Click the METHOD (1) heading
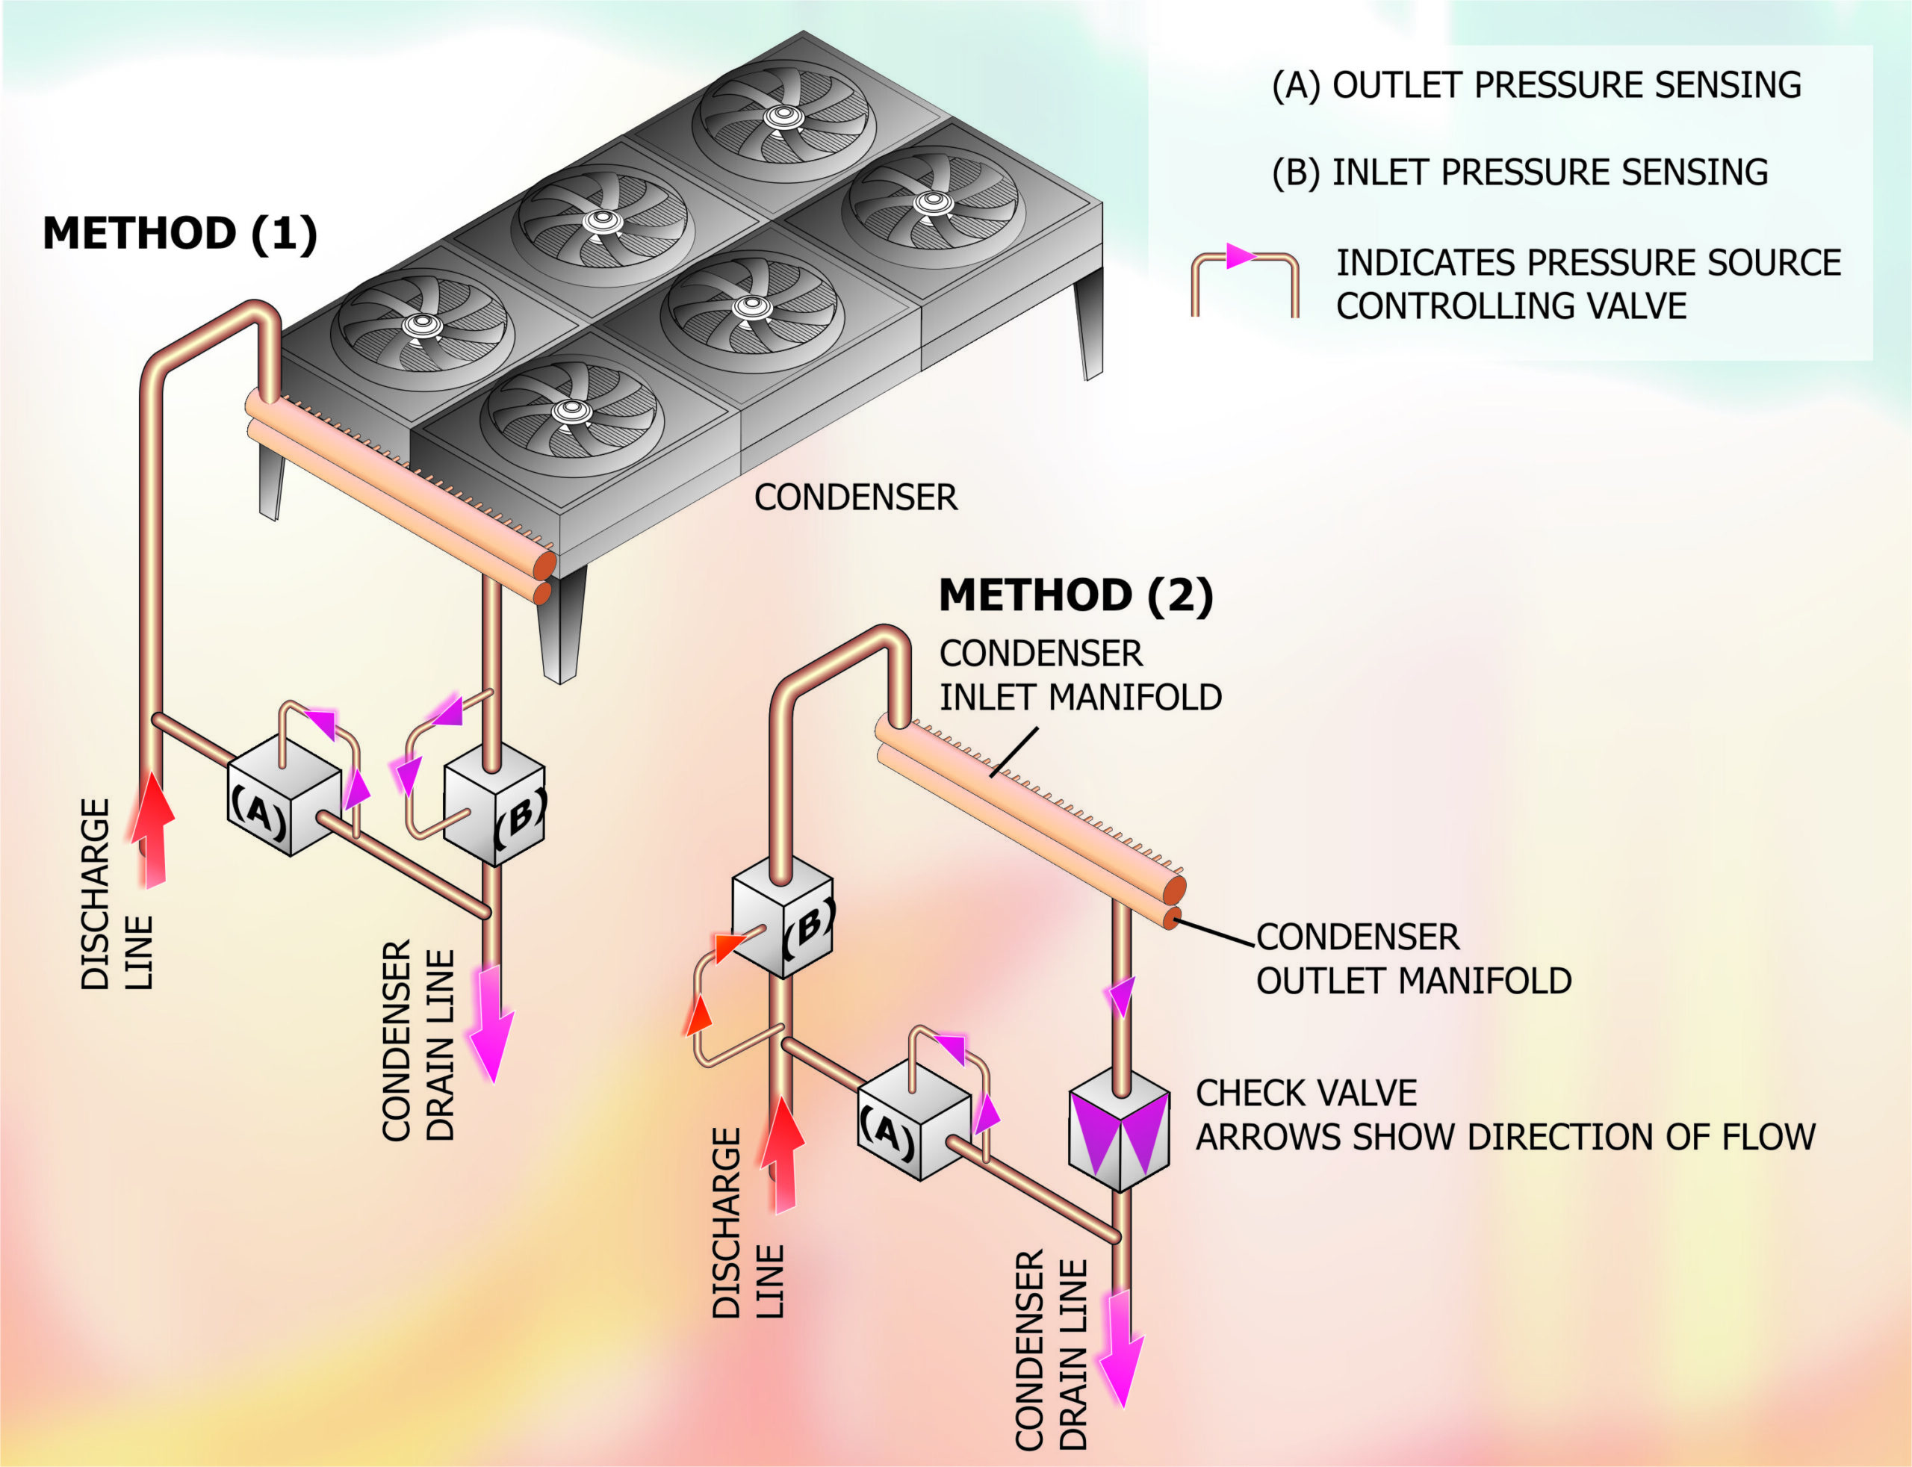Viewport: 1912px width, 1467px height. (x=179, y=234)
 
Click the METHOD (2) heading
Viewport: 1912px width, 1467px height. (x=1075, y=595)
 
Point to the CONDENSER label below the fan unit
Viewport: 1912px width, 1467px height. (x=856, y=497)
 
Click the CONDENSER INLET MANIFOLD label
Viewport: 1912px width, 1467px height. (x=1079, y=676)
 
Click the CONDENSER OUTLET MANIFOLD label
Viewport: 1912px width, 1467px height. (x=1412, y=959)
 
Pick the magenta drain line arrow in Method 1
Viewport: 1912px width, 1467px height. (x=491, y=1022)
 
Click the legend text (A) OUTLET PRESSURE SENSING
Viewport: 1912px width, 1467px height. (x=1536, y=84)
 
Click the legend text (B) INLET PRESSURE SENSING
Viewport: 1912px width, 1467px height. (x=1519, y=172)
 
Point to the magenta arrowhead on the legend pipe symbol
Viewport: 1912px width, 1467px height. (x=1240, y=256)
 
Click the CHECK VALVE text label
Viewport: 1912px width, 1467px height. (x=1306, y=1094)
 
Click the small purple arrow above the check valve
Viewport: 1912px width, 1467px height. (x=1120, y=996)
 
